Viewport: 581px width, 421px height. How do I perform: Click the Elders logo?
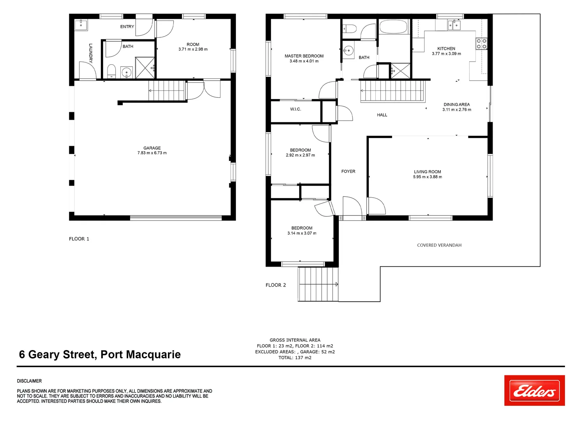pyautogui.click(x=534, y=391)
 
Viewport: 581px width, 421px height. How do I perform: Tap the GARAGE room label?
pyautogui.click(x=152, y=148)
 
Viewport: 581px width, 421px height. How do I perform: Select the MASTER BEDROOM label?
pyautogui.click(x=304, y=56)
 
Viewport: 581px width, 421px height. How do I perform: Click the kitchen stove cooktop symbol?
pyautogui.click(x=481, y=44)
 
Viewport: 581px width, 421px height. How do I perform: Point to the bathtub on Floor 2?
pyautogui.click(x=393, y=27)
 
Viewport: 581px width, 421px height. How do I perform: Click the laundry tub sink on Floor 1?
pyautogui.click(x=81, y=25)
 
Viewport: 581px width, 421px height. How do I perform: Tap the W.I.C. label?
pyautogui.click(x=296, y=109)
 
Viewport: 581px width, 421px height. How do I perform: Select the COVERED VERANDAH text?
pyautogui.click(x=439, y=245)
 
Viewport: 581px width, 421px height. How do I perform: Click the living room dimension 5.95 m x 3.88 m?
pyautogui.click(x=427, y=177)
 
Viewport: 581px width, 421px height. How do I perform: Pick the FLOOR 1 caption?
pyautogui.click(x=79, y=239)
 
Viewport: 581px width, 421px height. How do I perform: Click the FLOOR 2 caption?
pyautogui.click(x=276, y=285)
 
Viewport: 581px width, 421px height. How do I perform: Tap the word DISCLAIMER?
pyautogui.click(x=29, y=381)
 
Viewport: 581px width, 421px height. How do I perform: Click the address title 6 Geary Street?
pyautogui.click(x=100, y=354)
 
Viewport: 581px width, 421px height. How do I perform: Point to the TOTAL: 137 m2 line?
pyautogui.click(x=295, y=357)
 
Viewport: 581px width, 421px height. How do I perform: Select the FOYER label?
pyautogui.click(x=348, y=172)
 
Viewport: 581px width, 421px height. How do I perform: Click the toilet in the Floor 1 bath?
pyautogui.click(x=111, y=71)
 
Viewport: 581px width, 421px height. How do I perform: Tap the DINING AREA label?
pyautogui.click(x=456, y=104)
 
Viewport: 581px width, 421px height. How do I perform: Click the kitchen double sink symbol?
pyautogui.click(x=454, y=25)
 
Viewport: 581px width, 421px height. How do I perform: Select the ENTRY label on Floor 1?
pyautogui.click(x=127, y=27)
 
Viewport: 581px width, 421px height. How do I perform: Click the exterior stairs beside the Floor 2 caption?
pyautogui.click(x=318, y=284)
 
